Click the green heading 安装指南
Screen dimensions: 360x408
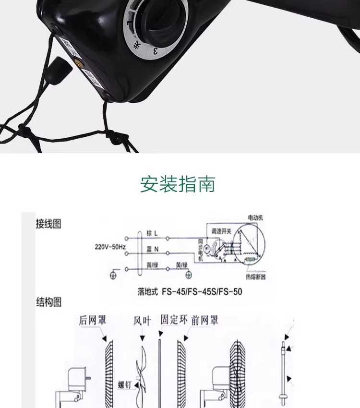(178, 184)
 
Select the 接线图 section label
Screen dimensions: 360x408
(48, 224)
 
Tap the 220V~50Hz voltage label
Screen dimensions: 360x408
(110, 247)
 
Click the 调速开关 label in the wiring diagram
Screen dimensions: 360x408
(221, 231)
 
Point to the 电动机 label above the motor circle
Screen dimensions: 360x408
(255, 217)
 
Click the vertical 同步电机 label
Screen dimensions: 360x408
(201, 250)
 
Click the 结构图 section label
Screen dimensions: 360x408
(48, 302)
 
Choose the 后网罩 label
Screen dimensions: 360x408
(93, 320)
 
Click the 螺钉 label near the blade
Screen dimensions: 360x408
(126, 384)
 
